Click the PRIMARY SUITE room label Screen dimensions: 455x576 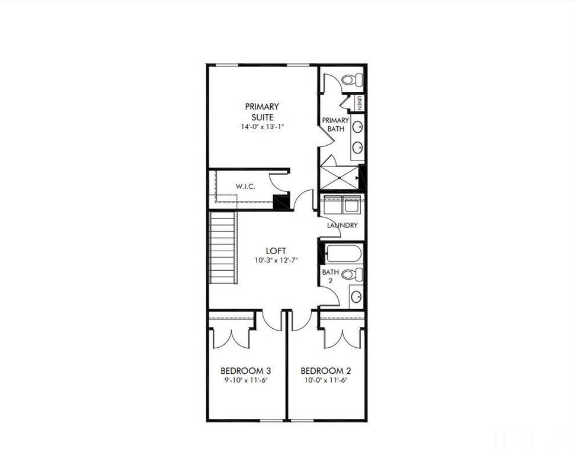[262, 111]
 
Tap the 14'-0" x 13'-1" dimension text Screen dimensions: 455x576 [262, 127]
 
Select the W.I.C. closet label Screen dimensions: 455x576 [245, 187]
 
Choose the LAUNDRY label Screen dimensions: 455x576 [343, 225]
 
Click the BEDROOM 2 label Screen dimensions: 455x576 [325, 371]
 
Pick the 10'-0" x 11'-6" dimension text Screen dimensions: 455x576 [325, 380]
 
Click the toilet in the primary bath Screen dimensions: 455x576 [354, 80]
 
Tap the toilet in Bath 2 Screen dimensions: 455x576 [354, 274]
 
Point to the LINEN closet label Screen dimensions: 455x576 [360, 103]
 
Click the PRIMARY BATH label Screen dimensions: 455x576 [335, 124]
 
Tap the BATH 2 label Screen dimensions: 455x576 [330, 276]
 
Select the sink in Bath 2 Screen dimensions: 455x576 [356, 296]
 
